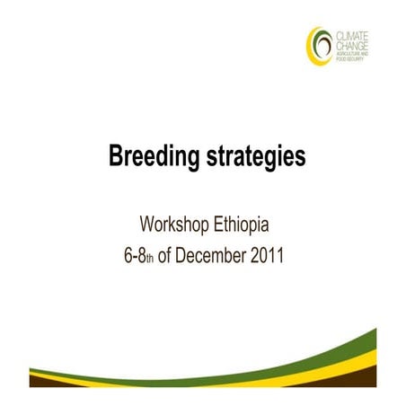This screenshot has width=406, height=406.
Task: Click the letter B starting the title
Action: [x=116, y=158]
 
